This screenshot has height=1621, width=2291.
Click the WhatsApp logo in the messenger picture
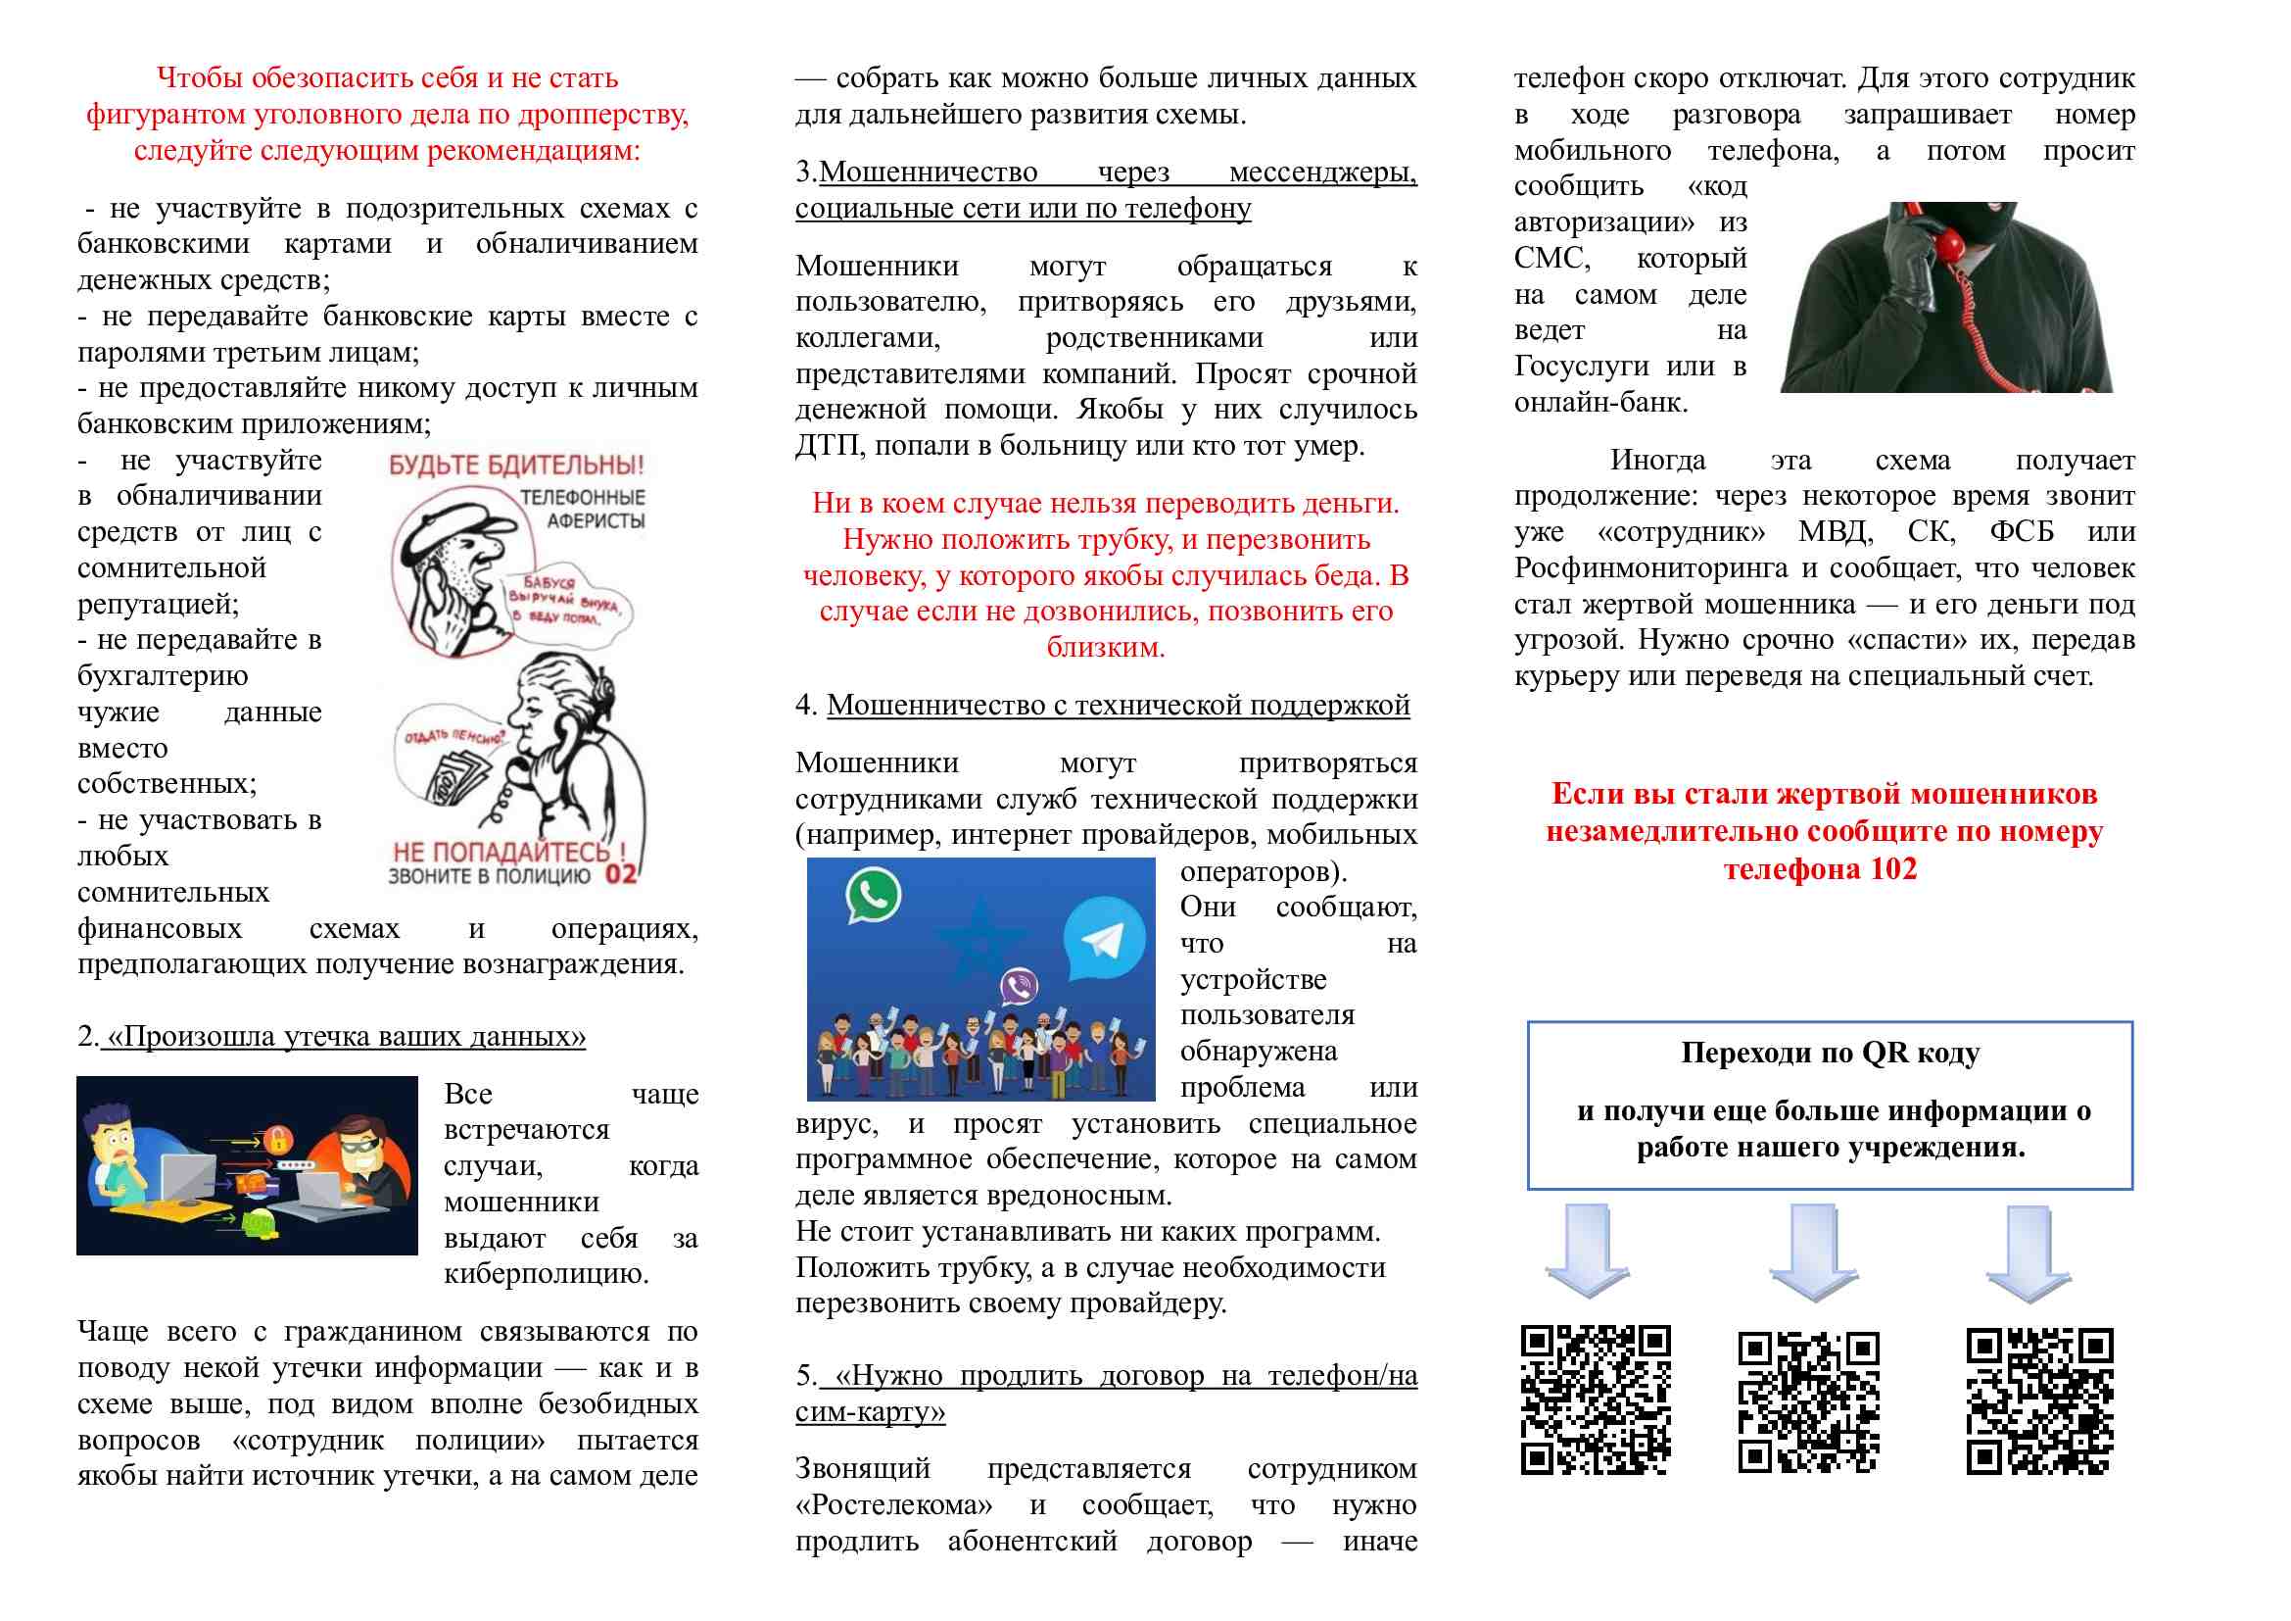tap(873, 895)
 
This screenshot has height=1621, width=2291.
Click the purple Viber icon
tap(1019, 987)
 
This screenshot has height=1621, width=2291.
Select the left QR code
tap(1595, 1399)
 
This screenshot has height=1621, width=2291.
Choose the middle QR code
tap(1808, 1401)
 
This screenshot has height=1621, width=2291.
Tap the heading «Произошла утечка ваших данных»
tap(345, 1036)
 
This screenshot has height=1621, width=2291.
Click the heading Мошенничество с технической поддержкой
tap(1118, 705)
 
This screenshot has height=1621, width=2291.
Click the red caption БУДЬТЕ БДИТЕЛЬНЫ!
tap(516, 466)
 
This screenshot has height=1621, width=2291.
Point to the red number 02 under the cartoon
tap(621, 875)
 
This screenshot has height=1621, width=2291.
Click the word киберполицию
tap(546, 1274)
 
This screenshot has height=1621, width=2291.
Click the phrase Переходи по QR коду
tap(1830, 1052)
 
